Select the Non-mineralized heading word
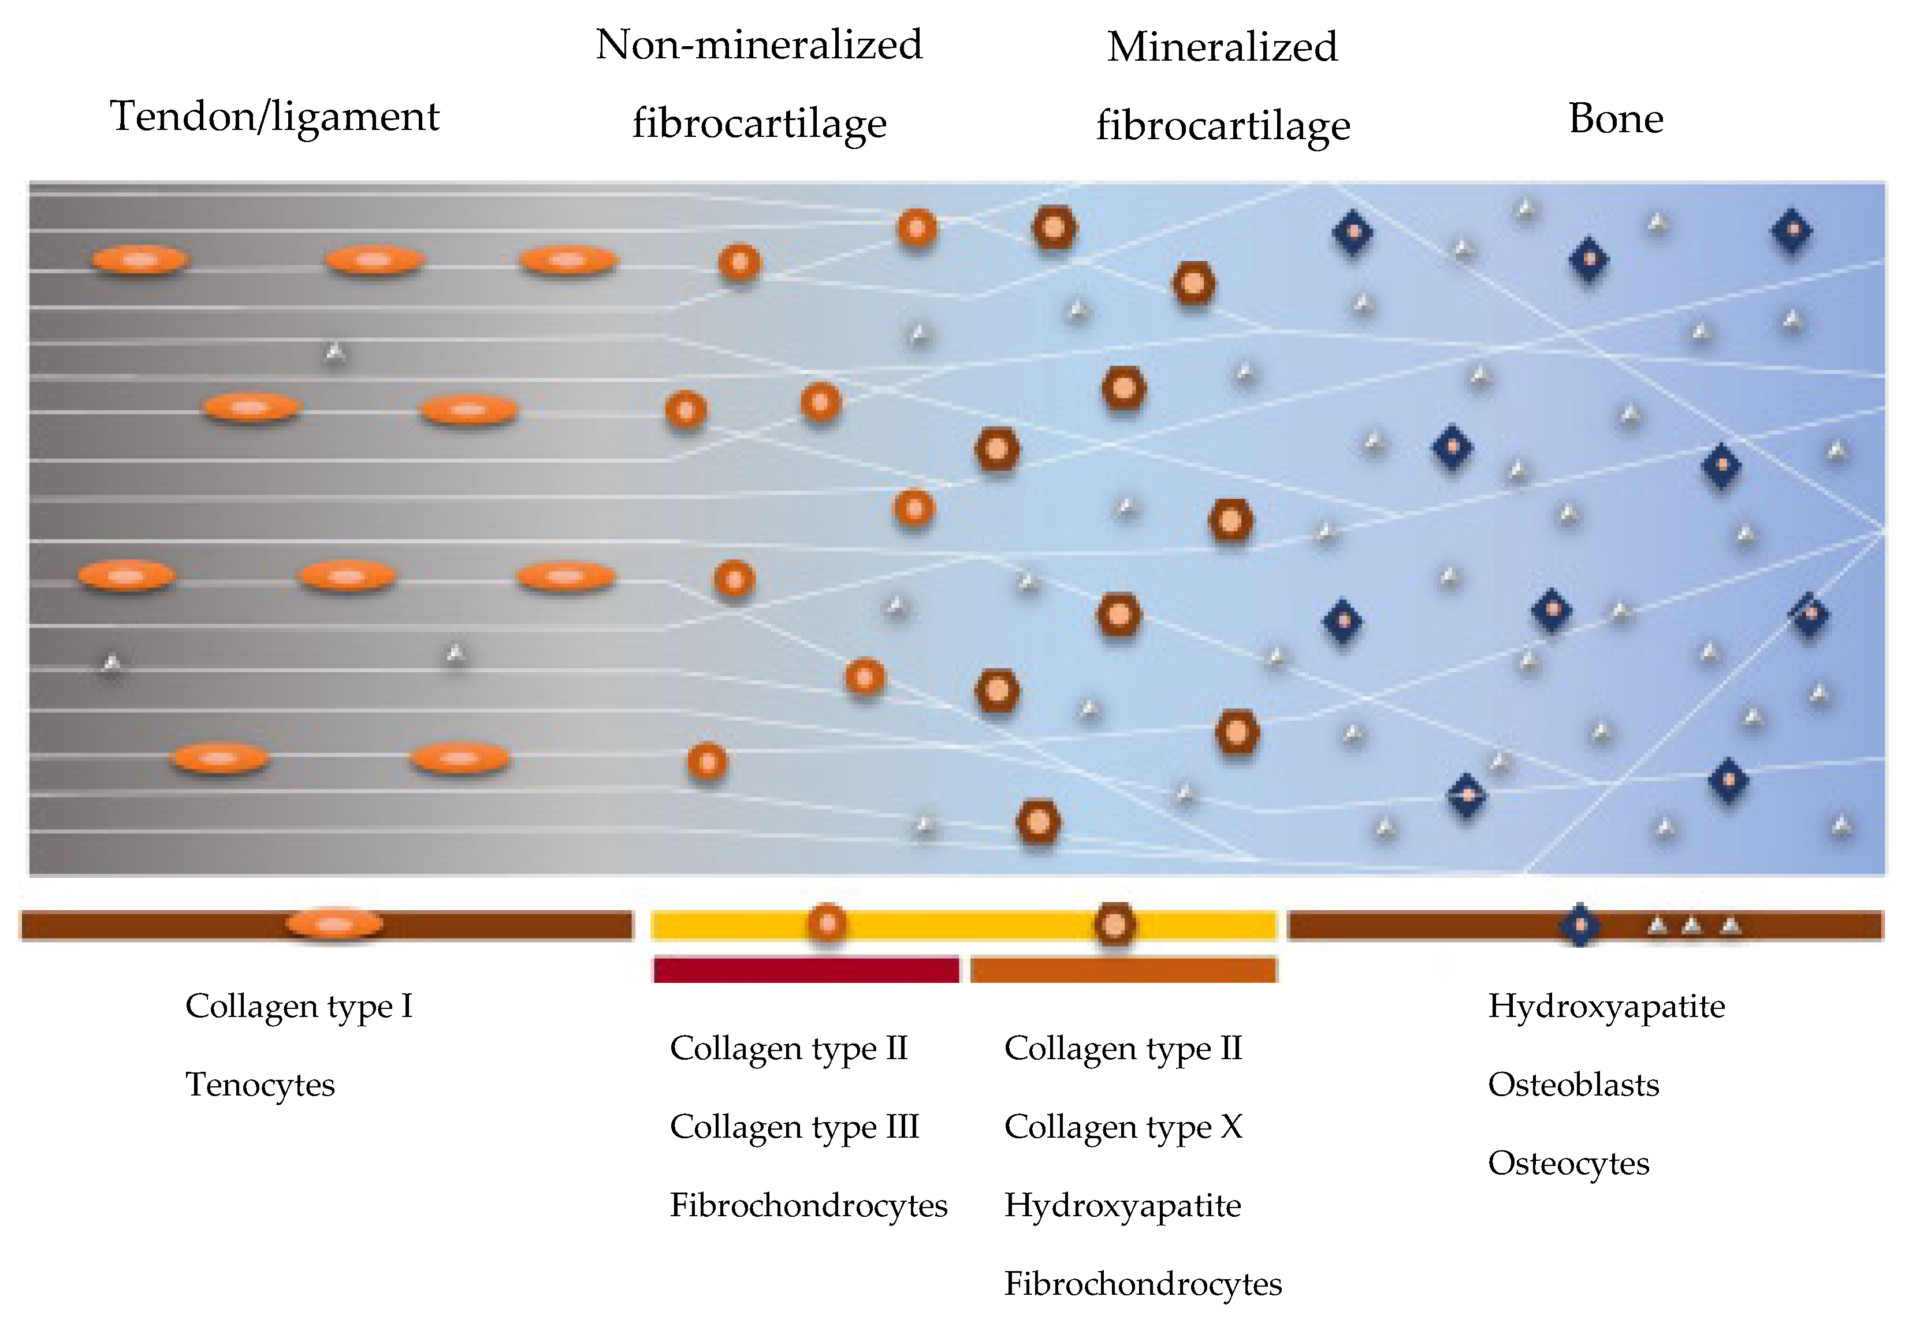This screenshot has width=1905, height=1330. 758,45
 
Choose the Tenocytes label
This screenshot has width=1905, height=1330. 260,1085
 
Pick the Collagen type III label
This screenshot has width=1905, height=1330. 794,1127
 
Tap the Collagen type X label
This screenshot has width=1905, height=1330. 1122,1127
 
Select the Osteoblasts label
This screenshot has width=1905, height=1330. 1573,1085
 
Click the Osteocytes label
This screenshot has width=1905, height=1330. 1568,1163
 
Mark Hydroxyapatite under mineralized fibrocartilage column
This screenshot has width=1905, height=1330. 1122,1205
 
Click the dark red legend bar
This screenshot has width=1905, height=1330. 806,969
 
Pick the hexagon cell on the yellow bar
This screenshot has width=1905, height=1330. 1114,924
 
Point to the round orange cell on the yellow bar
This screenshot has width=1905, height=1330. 827,923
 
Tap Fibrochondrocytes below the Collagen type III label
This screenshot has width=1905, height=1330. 808,1205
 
